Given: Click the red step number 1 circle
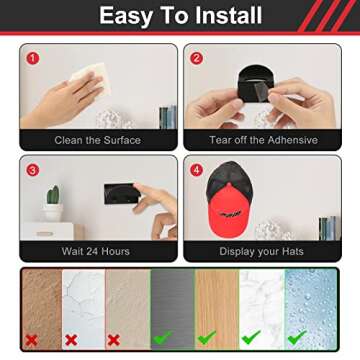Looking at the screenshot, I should (x=32, y=58).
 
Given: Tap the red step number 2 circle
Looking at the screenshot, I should (x=198, y=58).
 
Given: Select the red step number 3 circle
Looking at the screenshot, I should (x=32, y=169).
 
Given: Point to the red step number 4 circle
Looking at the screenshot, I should (x=198, y=169).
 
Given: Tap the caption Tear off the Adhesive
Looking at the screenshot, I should (x=263, y=140).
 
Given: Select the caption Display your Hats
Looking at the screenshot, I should (x=263, y=251).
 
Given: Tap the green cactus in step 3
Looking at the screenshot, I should (x=53, y=201).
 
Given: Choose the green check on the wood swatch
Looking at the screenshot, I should (x=207, y=338).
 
